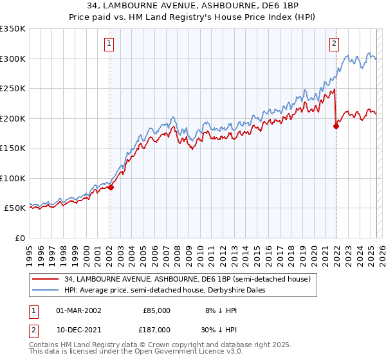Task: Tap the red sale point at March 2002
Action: coord(111,188)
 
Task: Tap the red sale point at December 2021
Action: coord(336,127)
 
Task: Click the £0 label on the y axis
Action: coord(19,238)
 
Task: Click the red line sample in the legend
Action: coord(44,279)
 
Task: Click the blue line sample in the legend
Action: coord(44,290)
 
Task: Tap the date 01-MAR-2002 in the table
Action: coord(78,310)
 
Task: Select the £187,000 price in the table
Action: coord(156,328)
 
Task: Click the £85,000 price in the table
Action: coord(156,310)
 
